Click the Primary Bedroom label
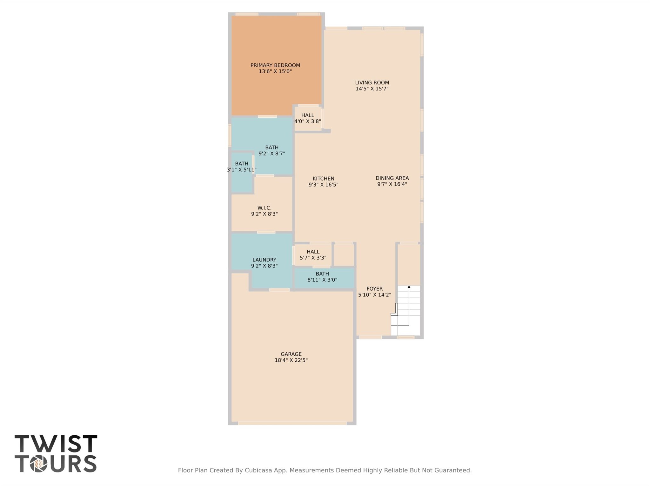pyautogui.click(x=275, y=65)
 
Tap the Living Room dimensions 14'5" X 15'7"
pyautogui.click(x=372, y=89)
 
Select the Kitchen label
pyautogui.click(x=323, y=178)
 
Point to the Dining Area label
pyautogui.click(x=392, y=178)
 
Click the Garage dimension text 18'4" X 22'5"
pyautogui.click(x=291, y=360)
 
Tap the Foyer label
pyautogui.click(x=374, y=289)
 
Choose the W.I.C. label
pyautogui.click(x=264, y=208)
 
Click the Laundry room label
pyautogui.click(x=264, y=260)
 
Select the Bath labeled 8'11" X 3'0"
pyautogui.click(x=322, y=277)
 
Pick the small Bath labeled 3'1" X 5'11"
pyautogui.click(x=241, y=167)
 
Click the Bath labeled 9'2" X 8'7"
pyautogui.click(x=271, y=150)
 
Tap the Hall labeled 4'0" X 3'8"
pyautogui.click(x=307, y=118)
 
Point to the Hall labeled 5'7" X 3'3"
pyautogui.click(x=313, y=254)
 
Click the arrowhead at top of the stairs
pyautogui.click(x=409, y=287)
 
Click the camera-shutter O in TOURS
pyautogui.click(x=39, y=464)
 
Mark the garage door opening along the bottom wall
pyautogui.click(x=292, y=423)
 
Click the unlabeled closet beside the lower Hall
pyautogui.click(x=344, y=255)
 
